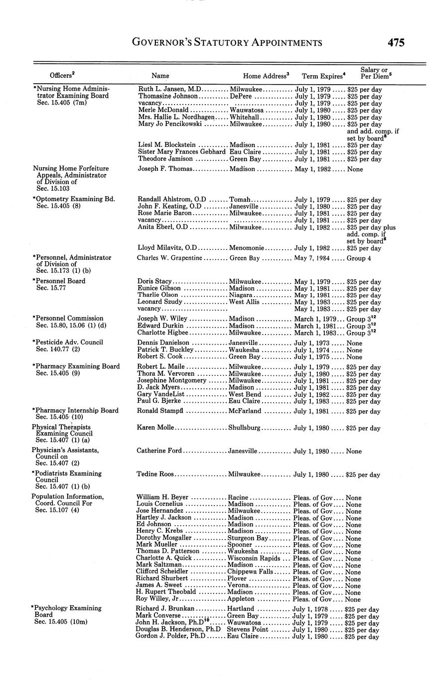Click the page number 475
tap(396, 43)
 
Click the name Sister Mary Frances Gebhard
tap(182, 152)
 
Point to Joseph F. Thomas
tap(164, 169)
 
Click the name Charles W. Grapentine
tap(169, 258)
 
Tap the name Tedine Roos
tap(155, 474)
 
